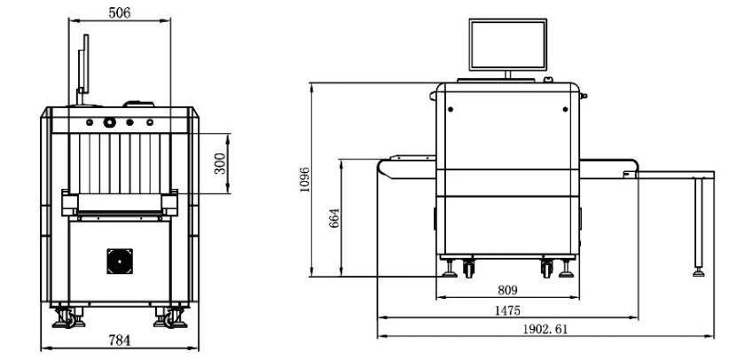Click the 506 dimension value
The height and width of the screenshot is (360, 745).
pyautogui.click(x=119, y=12)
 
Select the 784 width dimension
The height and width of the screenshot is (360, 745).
pyautogui.click(x=119, y=340)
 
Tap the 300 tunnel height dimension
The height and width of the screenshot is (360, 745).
pyautogui.click(x=220, y=163)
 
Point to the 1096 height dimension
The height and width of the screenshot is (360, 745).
pyautogui.click(x=304, y=179)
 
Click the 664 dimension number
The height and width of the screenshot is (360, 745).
pyautogui.click(x=334, y=218)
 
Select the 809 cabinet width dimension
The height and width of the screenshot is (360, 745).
pyautogui.click(x=507, y=290)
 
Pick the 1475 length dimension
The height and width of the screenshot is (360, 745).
pyautogui.click(x=507, y=310)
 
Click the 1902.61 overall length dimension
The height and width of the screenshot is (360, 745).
pyautogui.click(x=545, y=329)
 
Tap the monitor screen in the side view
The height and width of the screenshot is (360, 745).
pyautogui.click(x=508, y=44)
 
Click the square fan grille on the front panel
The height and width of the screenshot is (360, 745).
pyautogui.click(x=120, y=262)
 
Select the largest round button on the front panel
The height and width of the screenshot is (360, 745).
pyautogui.click(x=110, y=122)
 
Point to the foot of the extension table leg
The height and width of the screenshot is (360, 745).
pyautogui.click(x=699, y=273)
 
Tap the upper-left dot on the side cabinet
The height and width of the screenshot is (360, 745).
pyautogui.click(x=451, y=109)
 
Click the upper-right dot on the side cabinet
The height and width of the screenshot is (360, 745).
pyautogui.click(x=566, y=109)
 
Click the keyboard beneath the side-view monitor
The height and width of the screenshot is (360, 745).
pyautogui.click(x=496, y=81)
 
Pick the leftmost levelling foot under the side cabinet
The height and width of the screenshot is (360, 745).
pyautogui.click(x=450, y=269)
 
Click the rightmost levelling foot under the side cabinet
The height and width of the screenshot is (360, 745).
pyautogui.click(x=566, y=269)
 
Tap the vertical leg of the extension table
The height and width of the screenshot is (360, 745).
pyautogui.click(x=699, y=223)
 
